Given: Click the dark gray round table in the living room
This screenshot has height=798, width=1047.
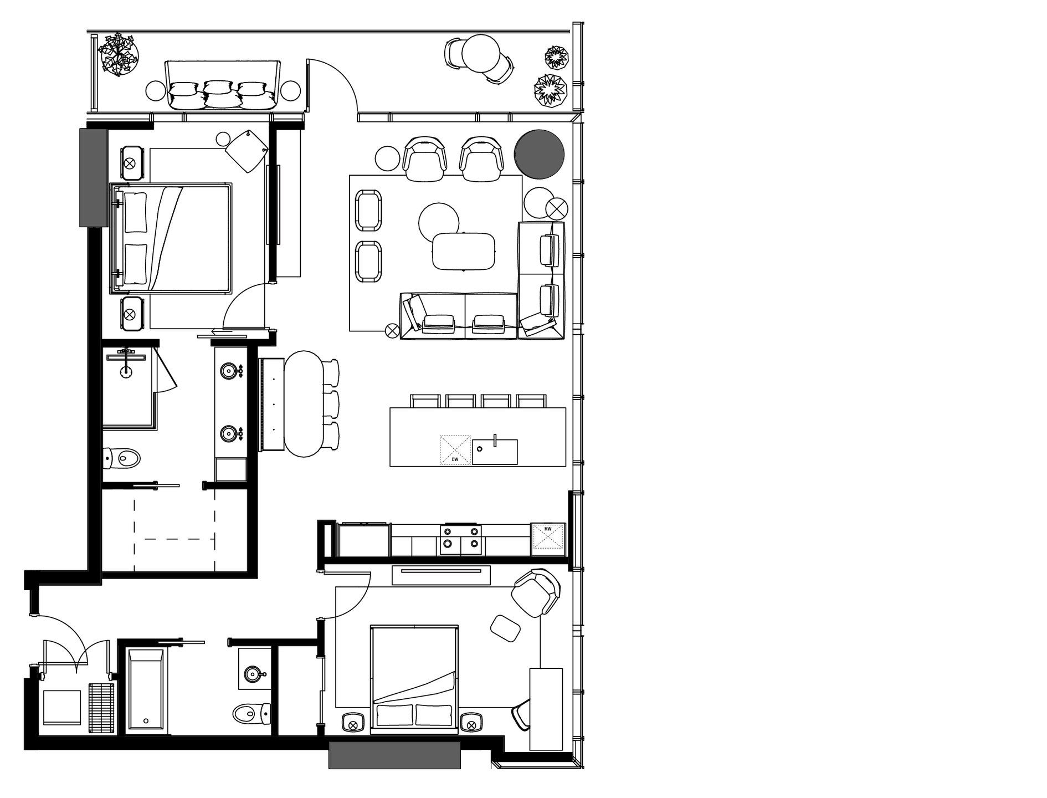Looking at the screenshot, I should (539, 154).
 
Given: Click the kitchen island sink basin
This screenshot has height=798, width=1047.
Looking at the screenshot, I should (495, 452).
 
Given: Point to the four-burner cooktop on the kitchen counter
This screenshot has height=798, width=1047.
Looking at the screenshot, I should (460, 539).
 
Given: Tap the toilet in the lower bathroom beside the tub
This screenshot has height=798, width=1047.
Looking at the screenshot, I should (250, 713).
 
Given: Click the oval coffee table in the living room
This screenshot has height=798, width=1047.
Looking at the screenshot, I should (464, 251).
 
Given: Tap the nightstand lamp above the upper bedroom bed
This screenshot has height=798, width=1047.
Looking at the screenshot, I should (130, 163).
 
